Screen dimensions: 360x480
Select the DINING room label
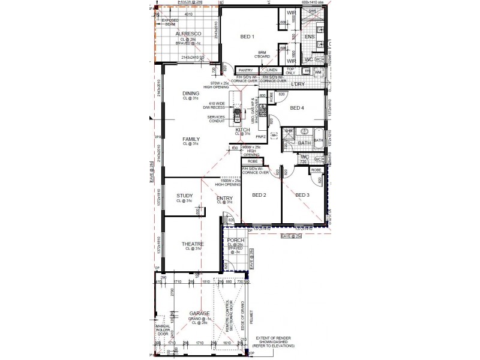click(191, 94)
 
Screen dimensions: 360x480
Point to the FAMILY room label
click(191, 139)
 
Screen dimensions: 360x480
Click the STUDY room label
click(184, 196)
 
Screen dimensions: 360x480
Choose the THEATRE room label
click(193, 244)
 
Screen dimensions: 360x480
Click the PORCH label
click(236, 240)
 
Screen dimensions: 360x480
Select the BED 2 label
click(260, 195)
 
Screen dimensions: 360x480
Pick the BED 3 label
click(302, 195)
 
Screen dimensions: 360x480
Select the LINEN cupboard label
click(272, 70)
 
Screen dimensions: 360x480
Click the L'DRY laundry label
click(298, 84)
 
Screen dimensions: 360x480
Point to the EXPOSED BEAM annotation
click(170, 22)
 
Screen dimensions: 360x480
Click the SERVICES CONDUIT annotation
click(215, 119)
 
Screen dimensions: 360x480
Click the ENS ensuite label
click(310, 37)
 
